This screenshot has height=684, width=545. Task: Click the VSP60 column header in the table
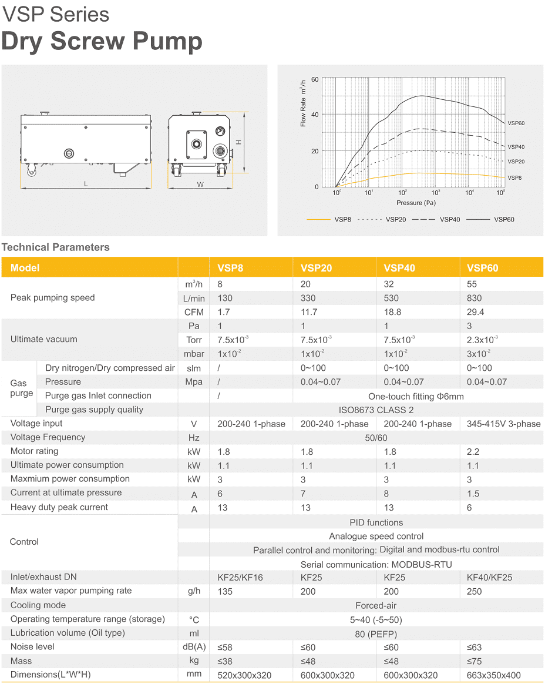point(482,268)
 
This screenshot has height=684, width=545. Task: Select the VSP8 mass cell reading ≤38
point(224,661)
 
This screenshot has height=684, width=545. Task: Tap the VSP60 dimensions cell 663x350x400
point(493,675)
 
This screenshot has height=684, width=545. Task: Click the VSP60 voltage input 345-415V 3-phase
point(503,424)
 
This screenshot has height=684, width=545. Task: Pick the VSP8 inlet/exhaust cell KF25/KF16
point(240,577)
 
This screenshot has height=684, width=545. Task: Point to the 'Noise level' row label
point(32,646)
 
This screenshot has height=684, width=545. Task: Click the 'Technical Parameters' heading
point(56,247)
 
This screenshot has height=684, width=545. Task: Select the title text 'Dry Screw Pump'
point(102,42)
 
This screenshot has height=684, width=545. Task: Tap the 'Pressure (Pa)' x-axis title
point(416,203)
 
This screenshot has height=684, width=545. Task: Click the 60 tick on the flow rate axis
point(315,79)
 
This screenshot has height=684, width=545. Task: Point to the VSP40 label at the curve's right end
point(516,147)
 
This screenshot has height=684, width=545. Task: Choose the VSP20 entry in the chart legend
point(394,219)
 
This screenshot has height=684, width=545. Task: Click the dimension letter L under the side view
point(86,184)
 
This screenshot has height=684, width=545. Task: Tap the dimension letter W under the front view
point(200,185)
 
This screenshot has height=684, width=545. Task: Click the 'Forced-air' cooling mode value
point(375,605)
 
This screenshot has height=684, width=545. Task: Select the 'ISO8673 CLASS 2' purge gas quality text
point(376,410)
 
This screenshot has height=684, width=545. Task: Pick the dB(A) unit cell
point(194,648)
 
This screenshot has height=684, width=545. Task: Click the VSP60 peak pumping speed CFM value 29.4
point(475,312)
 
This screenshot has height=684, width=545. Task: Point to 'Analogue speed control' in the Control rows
point(376,536)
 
